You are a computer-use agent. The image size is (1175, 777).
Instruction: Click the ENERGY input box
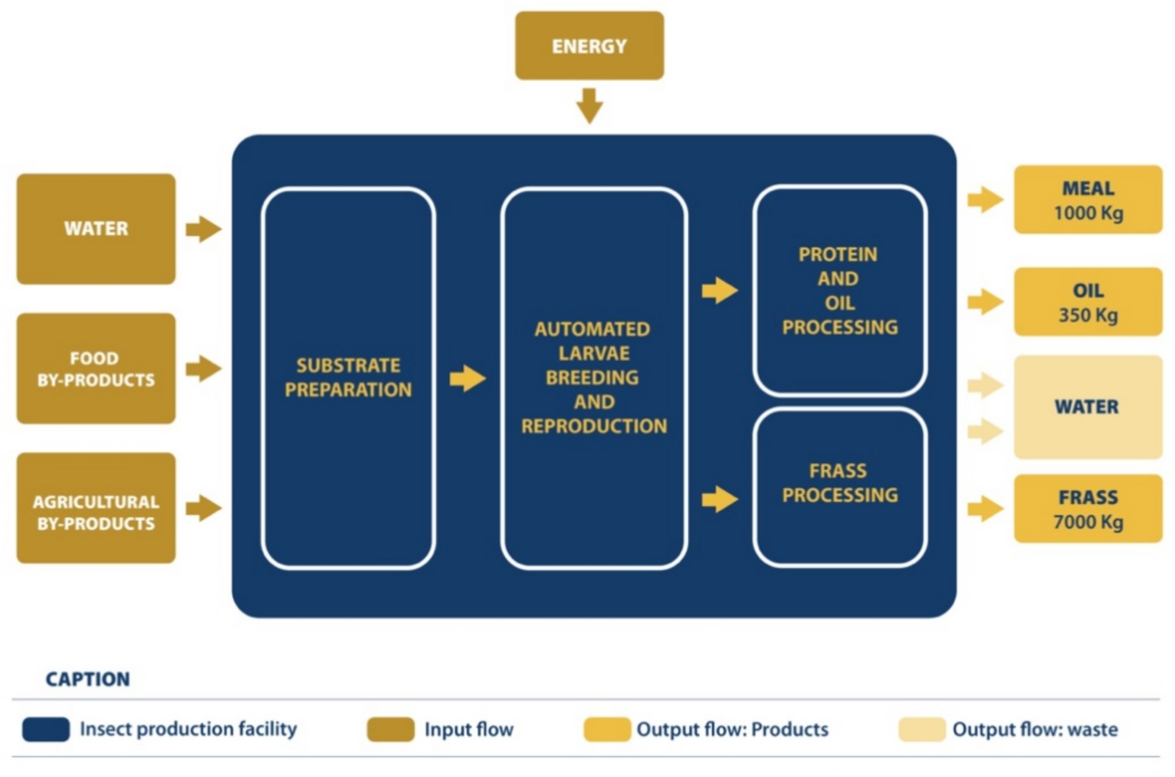coord(589,46)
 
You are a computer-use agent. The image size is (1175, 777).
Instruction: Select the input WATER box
coord(96,228)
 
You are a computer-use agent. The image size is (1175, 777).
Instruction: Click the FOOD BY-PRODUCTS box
coord(96,369)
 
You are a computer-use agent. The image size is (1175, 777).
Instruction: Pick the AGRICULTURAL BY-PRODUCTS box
coord(96,509)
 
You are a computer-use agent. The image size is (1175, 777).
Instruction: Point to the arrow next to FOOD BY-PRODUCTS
coord(204,369)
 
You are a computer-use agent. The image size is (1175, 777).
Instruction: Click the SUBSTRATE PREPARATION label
coord(348,378)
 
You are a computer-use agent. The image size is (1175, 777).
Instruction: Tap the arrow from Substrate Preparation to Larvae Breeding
coord(467,379)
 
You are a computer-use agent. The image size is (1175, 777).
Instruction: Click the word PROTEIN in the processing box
coord(838,255)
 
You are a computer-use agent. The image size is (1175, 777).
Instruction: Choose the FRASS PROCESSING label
coord(840,483)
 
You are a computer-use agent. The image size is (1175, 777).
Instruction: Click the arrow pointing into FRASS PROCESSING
coord(719,499)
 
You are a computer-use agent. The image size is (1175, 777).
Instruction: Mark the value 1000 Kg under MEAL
coord(1088,214)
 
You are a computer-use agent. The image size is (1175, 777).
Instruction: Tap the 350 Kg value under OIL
coord(1088,315)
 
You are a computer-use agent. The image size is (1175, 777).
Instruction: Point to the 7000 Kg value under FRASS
coord(1088,522)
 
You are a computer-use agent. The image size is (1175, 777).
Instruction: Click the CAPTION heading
coord(88,679)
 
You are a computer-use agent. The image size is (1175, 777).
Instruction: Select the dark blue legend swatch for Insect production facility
coord(46,730)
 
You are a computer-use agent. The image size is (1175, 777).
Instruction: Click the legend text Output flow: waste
coord(1035,730)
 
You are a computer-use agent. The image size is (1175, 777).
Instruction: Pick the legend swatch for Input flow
coord(390,730)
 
